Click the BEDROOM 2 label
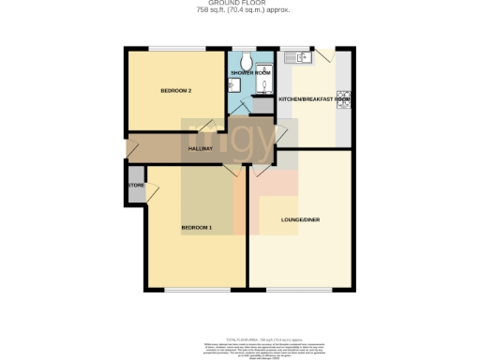[x=176, y=90]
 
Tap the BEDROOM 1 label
[x=196, y=228]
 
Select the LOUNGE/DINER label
[x=300, y=220]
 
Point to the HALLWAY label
[x=201, y=149]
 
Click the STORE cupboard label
[x=135, y=186]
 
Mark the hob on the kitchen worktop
[x=345, y=96]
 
